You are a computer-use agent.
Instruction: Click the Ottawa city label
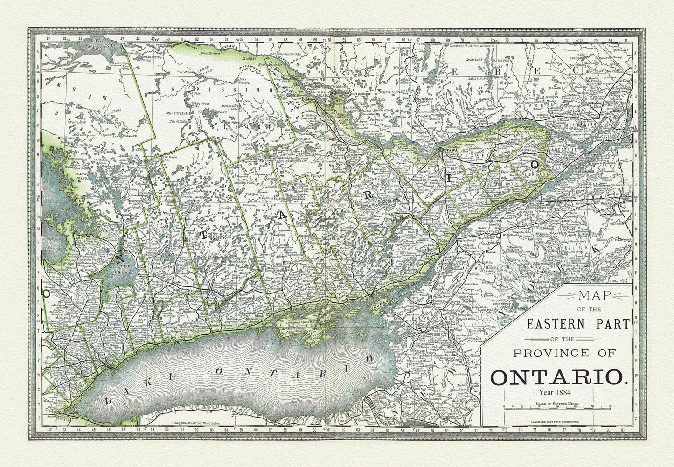pos(447,151)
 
